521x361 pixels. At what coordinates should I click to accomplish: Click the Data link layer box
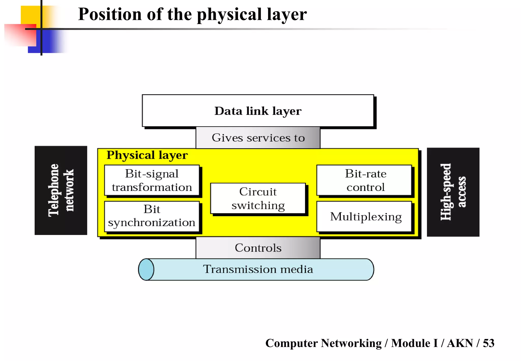(x=258, y=111)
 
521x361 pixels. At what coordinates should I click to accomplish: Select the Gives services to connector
(x=258, y=138)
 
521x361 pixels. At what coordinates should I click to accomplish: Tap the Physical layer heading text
(x=147, y=155)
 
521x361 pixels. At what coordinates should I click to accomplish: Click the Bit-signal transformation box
(x=152, y=180)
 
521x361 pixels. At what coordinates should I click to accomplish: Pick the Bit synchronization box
(x=152, y=216)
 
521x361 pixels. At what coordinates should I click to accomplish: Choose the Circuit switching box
(x=258, y=198)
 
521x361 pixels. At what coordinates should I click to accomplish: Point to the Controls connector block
(x=258, y=248)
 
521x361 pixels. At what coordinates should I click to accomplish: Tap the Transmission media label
(x=258, y=269)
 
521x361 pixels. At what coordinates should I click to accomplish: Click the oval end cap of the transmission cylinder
(x=146, y=270)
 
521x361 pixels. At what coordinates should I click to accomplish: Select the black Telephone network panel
(x=61, y=190)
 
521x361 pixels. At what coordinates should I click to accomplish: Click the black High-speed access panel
(x=453, y=192)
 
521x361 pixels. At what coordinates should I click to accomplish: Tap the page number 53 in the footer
(x=488, y=343)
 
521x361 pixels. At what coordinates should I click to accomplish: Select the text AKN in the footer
(x=460, y=343)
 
